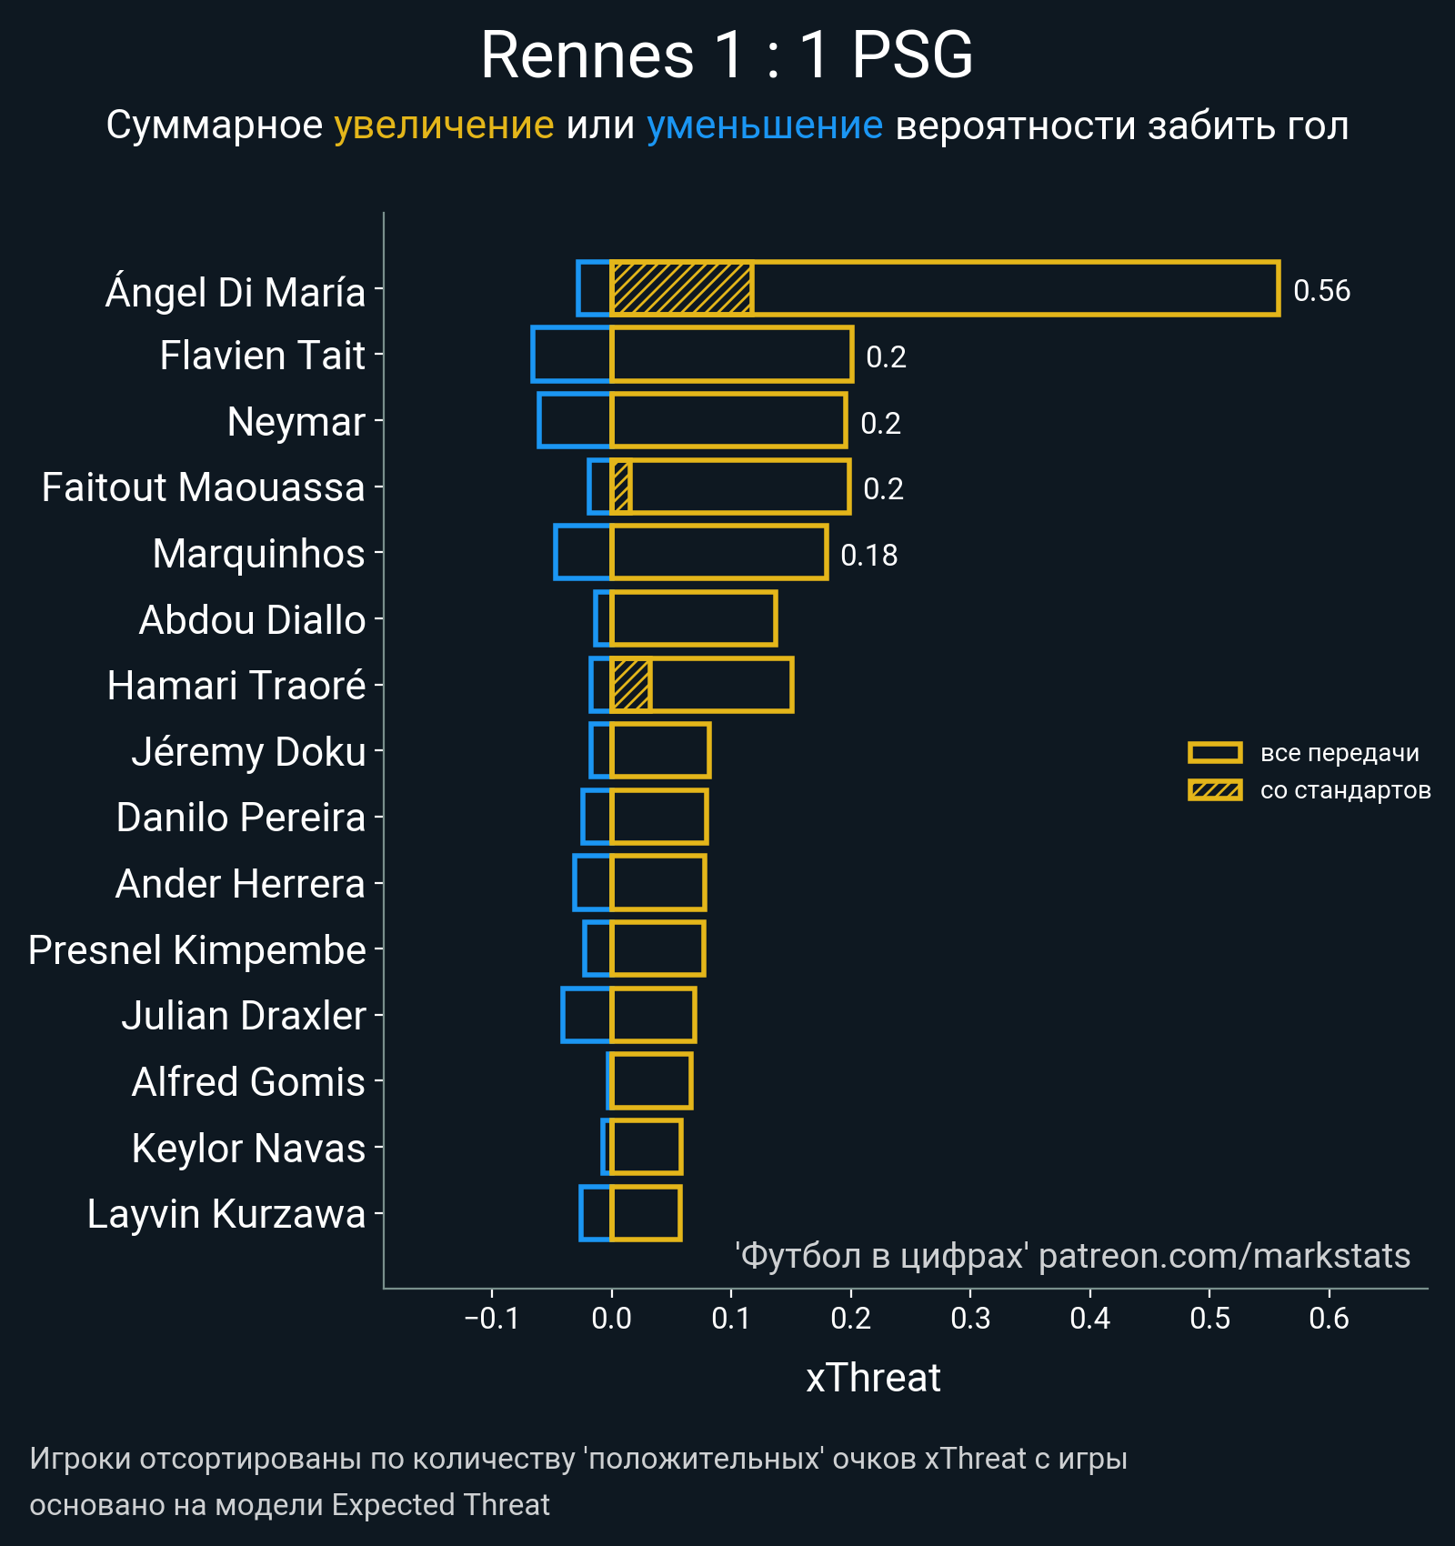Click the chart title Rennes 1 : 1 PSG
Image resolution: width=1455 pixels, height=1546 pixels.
(x=727, y=55)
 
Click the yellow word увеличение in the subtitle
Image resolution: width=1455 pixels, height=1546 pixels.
(x=444, y=125)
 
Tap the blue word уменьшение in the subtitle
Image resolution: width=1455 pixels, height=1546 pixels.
(x=764, y=125)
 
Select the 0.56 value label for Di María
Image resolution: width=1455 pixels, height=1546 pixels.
(x=1321, y=291)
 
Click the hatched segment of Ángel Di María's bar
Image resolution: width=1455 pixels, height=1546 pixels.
(x=682, y=289)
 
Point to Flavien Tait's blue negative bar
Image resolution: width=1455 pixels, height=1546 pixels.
(x=571, y=355)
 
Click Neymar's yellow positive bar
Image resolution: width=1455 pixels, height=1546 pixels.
(x=728, y=421)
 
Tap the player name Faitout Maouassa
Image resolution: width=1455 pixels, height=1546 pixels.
(x=203, y=487)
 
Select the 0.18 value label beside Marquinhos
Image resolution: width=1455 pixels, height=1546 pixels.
(x=868, y=556)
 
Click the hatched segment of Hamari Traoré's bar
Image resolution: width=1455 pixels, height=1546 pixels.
(x=631, y=686)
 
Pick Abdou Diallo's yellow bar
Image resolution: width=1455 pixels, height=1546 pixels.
(x=694, y=619)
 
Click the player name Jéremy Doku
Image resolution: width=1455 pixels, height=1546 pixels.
(x=248, y=752)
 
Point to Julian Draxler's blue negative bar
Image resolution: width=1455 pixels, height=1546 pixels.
(x=587, y=1015)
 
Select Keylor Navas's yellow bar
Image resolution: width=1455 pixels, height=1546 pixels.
(x=646, y=1148)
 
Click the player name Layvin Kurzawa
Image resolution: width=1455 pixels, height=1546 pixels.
(x=226, y=1214)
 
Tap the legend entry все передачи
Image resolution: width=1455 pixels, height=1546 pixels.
(x=1339, y=753)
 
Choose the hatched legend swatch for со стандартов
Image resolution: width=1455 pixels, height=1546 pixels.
(x=1215, y=790)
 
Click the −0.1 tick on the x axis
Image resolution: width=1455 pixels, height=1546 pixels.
(x=491, y=1319)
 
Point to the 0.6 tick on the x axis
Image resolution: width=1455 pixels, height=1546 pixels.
(x=1329, y=1319)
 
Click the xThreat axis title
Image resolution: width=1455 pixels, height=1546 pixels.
(x=873, y=1378)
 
